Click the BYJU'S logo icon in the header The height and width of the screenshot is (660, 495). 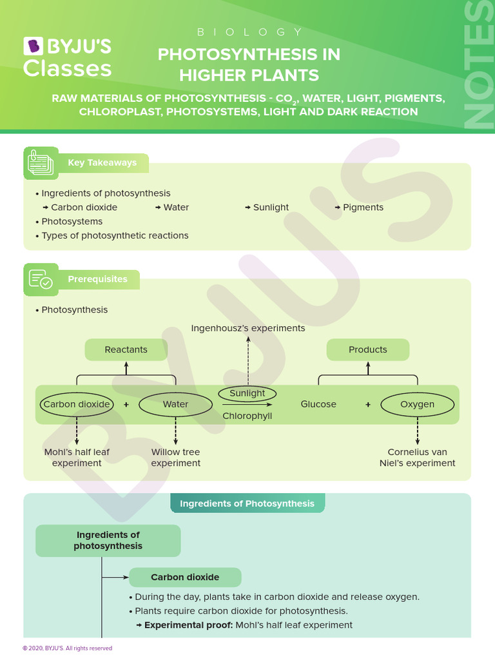point(33,46)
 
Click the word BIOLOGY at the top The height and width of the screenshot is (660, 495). point(248,32)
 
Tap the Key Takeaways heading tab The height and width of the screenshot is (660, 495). point(103,163)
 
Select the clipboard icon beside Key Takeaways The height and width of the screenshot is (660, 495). point(41,163)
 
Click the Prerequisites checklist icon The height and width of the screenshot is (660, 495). point(41,280)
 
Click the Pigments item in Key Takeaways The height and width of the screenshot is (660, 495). point(363,208)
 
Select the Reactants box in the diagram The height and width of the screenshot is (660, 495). point(126,350)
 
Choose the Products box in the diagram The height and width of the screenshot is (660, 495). point(367,350)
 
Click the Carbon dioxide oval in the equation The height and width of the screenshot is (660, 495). point(77,405)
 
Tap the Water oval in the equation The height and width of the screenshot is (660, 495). point(175,405)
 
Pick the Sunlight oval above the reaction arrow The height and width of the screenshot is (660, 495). point(247,393)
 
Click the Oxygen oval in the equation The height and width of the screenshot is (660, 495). point(417,405)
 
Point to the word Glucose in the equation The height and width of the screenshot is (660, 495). point(318,405)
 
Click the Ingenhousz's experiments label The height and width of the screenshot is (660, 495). point(248,329)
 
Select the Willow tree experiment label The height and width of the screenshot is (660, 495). point(175,458)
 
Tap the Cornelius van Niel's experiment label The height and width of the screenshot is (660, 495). point(417,458)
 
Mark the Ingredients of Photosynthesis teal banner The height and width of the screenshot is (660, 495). point(247,503)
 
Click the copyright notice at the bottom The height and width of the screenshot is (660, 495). point(67,648)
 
